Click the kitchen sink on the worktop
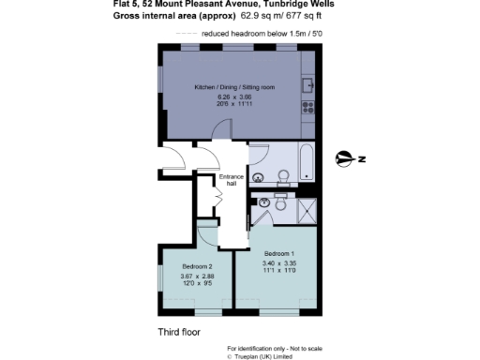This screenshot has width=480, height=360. (308, 85)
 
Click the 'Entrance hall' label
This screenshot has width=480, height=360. (232, 181)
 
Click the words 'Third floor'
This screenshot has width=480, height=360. (179, 332)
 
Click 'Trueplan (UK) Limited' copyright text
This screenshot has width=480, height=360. (266, 356)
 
